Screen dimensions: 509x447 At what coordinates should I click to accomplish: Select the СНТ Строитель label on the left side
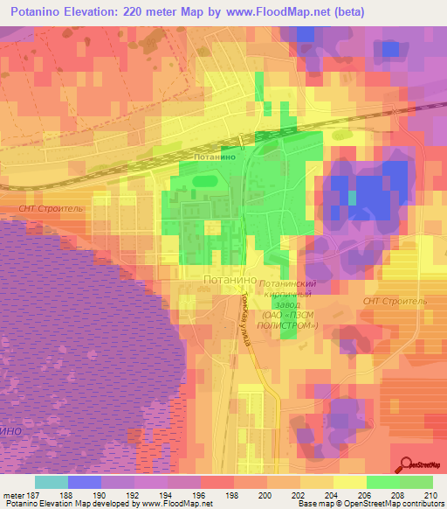click(x=51, y=210)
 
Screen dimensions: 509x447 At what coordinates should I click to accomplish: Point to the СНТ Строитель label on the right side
click(x=397, y=300)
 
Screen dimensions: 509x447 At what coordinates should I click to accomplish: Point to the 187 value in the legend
click(x=24, y=494)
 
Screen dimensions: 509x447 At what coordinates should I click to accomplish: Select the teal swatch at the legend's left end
click(x=52, y=482)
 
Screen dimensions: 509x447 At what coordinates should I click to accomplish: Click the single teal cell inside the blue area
click(x=353, y=198)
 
